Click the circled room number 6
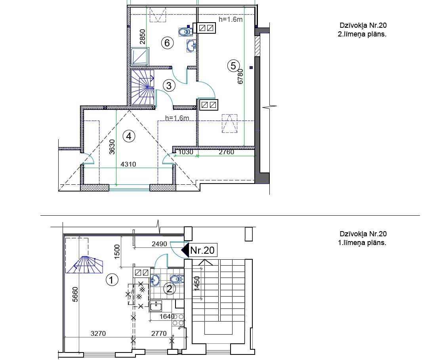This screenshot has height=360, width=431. click(x=167, y=43)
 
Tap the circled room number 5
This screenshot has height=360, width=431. click(x=233, y=66)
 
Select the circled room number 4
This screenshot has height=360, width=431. click(x=129, y=136)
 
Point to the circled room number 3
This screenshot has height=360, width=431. click(x=169, y=86)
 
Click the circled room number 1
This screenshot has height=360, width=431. click(x=112, y=280)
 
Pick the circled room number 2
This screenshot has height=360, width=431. click(x=170, y=289)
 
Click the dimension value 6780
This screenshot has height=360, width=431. click(x=240, y=76)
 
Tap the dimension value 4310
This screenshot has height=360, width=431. click(x=128, y=164)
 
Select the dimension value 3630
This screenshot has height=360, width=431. click(x=112, y=147)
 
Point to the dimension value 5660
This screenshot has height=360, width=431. click(x=75, y=294)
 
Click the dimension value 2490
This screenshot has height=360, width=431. click(x=159, y=244)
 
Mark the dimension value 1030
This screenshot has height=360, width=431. click(x=186, y=152)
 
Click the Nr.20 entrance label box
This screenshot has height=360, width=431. click(x=202, y=250)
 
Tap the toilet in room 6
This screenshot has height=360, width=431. click(x=185, y=32)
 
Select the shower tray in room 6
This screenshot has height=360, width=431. click(x=140, y=56)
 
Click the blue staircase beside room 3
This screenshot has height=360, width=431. click(x=142, y=87)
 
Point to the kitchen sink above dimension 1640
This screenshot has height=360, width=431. click(x=156, y=306)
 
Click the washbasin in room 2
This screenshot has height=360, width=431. click(x=155, y=281)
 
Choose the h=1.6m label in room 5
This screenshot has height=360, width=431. click(x=231, y=19)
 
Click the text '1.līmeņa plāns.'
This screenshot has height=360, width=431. click(x=362, y=243)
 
